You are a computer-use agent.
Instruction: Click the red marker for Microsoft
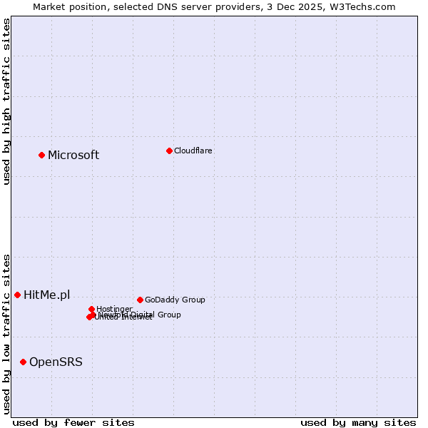(41, 155)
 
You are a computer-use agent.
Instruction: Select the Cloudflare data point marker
(169, 151)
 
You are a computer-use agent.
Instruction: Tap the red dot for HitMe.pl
(17, 295)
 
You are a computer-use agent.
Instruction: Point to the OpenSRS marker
(23, 362)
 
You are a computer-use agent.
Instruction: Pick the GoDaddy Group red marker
(140, 300)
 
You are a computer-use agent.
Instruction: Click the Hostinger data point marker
(91, 309)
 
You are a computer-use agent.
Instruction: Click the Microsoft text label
(73, 156)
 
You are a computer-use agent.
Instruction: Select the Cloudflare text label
(193, 151)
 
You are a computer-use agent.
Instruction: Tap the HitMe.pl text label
(47, 295)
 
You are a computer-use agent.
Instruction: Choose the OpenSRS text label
(56, 362)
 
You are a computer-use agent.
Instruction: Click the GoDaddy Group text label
(175, 300)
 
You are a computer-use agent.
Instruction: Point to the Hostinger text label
(114, 309)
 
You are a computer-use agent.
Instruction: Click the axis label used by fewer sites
(73, 422)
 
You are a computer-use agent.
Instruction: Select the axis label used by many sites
(358, 422)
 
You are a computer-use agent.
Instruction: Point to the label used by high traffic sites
(6, 101)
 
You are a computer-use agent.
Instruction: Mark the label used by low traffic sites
(6, 333)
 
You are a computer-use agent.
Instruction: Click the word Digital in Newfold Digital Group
(146, 315)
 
